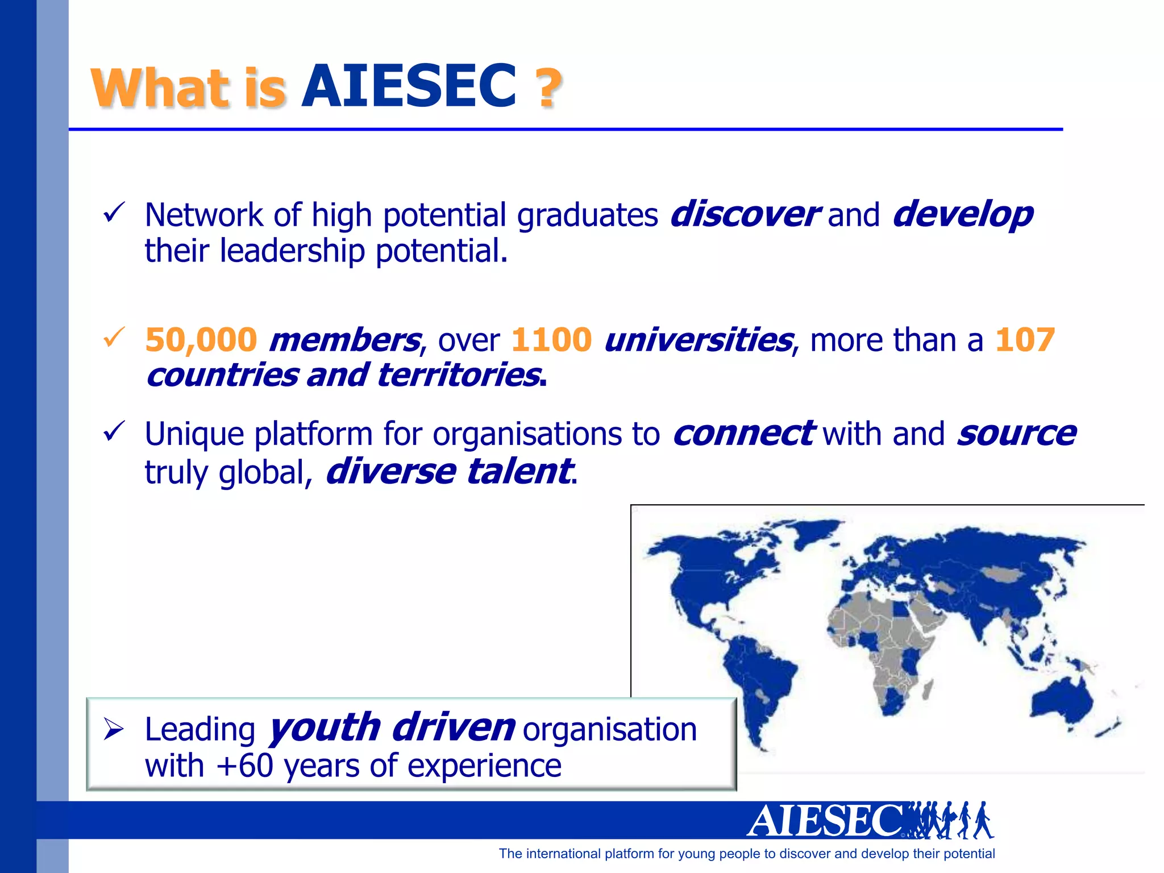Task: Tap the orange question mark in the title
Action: point(548,88)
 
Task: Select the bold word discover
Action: point(745,215)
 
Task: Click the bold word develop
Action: point(963,215)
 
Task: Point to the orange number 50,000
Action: point(201,340)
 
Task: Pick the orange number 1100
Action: point(551,340)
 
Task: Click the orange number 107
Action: point(1025,340)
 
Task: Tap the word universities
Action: point(698,340)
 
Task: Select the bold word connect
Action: point(743,434)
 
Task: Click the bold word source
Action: point(1016,434)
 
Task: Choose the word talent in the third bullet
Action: point(518,472)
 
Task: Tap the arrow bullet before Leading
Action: point(114,729)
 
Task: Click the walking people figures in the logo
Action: point(950,820)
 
